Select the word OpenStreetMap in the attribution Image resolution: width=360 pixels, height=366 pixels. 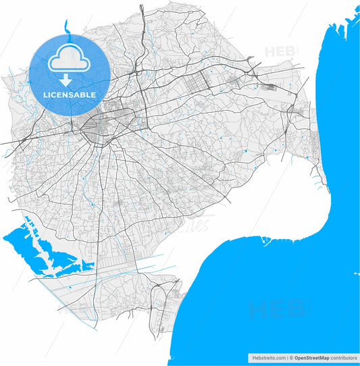pyautogui.click(x=310, y=357)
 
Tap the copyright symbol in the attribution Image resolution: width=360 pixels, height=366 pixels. pyautogui.click(x=290, y=357)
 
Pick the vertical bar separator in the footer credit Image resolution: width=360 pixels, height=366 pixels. pyautogui.click(x=286, y=357)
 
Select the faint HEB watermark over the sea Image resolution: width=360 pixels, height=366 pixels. pyautogui.click(x=278, y=310)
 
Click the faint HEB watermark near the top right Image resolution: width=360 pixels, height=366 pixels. pyautogui.click(x=282, y=51)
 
